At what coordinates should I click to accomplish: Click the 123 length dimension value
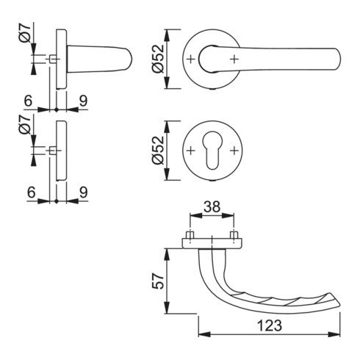coord(270,325)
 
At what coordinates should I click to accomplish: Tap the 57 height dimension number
coord(158,281)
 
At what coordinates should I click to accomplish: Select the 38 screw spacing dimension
coord(212,206)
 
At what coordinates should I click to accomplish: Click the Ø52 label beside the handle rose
coord(158,59)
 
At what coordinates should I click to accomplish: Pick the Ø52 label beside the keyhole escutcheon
coord(158,150)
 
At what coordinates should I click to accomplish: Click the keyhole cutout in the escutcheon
coord(212,150)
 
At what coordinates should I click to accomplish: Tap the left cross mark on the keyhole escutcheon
coord(190,151)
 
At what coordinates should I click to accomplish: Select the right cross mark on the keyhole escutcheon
coord(234,151)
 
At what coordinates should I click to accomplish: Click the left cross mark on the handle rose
coord(190,59)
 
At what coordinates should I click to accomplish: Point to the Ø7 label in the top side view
coord(25,33)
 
